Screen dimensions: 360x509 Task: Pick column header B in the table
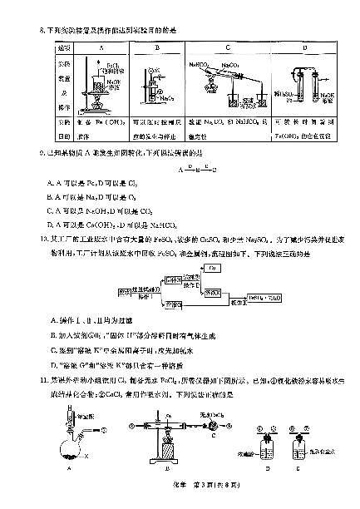pyautogui.click(x=157, y=48)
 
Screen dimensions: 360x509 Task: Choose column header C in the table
pyautogui.click(x=227, y=48)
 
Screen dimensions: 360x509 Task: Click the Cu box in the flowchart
pyautogui.click(x=212, y=268)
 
